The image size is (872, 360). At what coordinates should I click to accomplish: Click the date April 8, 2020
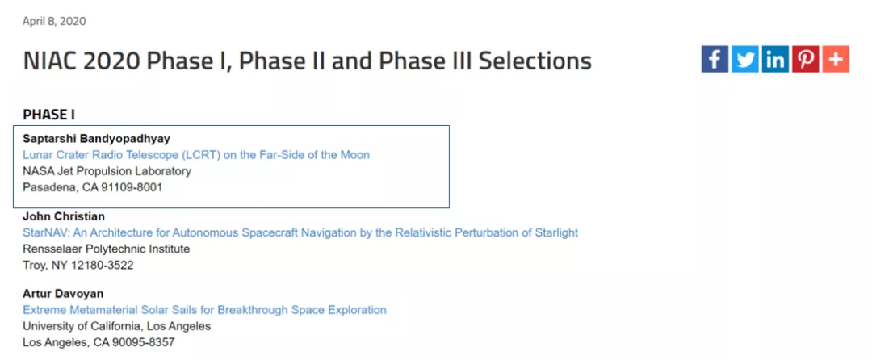coord(54,21)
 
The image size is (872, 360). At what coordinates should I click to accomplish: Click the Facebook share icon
coord(715,59)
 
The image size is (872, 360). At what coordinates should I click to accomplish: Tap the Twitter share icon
coord(744,59)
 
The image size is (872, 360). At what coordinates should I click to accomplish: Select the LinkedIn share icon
coord(775,59)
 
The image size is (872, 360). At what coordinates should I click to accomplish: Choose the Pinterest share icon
coord(805,59)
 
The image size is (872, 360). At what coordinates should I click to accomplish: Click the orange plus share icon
coord(836,59)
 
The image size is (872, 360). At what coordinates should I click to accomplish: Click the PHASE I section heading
coord(49,115)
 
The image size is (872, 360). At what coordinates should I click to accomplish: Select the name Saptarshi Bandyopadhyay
coord(96,138)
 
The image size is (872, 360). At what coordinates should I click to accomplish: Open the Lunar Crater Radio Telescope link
coord(196,154)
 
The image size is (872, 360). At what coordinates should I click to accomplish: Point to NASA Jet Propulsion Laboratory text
coord(107,171)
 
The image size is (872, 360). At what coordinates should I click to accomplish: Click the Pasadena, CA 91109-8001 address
coord(92,187)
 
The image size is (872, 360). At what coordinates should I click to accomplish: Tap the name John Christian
coord(64,216)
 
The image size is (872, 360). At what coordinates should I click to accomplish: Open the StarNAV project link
coord(300,232)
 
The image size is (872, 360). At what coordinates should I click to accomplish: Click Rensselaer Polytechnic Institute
coord(107,249)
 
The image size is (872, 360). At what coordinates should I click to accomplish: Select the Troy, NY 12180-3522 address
coord(78,265)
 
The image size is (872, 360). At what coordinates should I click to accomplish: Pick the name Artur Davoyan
coord(63,293)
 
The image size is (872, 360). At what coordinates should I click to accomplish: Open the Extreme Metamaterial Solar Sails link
coord(204,309)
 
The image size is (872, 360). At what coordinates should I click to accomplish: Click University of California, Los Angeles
coord(117,326)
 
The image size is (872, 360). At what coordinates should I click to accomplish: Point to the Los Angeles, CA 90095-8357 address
coord(99,342)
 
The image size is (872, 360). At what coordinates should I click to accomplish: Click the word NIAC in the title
coord(51,61)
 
